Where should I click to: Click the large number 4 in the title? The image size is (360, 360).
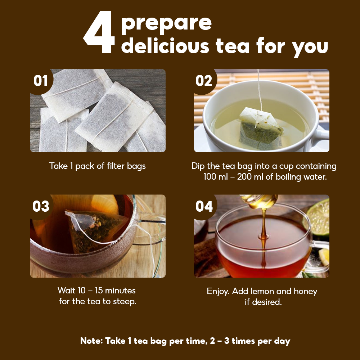(x=99, y=32)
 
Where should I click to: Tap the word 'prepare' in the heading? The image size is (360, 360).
(x=166, y=24)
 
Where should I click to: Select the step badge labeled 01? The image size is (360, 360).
(x=41, y=81)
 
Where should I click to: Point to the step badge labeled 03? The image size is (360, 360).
(x=41, y=206)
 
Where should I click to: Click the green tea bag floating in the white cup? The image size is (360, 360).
(x=261, y=129)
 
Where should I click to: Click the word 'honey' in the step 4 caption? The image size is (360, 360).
(x=305, y=292)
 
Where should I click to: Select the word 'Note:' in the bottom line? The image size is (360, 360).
(x=91, y=341)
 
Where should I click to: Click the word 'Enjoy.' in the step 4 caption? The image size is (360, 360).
(x=218, y=292)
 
